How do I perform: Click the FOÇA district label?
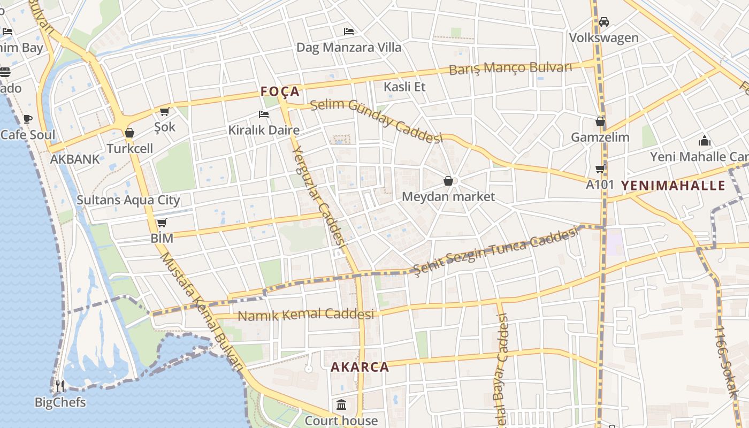280,91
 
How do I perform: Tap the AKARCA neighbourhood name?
360,367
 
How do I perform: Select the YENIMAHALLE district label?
672,186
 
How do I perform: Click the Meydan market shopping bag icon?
448,181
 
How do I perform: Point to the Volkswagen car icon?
604,22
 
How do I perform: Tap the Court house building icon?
341,404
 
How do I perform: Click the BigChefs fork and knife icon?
60,386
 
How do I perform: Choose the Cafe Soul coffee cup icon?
28,119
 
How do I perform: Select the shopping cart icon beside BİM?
162,223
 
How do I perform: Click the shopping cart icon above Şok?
164,111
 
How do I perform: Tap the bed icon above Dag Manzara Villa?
349,31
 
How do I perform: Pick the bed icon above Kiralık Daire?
263,114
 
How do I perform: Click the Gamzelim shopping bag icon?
600,121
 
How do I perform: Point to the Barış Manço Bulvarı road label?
510,68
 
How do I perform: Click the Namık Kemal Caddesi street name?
305,315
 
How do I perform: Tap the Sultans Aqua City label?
128,200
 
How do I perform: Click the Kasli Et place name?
404,86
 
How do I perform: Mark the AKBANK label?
75,159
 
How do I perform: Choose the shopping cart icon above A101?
600,169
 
